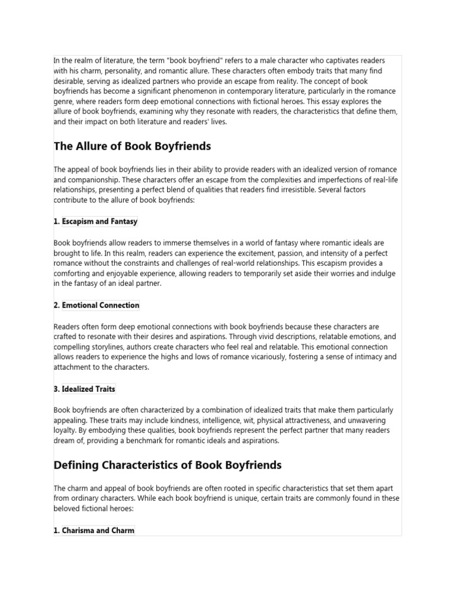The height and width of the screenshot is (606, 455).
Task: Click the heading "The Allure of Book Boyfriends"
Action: [132, 146]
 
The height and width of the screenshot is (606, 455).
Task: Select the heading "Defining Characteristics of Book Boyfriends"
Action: [168, 465]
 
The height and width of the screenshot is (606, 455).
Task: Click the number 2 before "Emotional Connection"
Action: [56, 305]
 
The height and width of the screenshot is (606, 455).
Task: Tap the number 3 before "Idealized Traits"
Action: [56, 389]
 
